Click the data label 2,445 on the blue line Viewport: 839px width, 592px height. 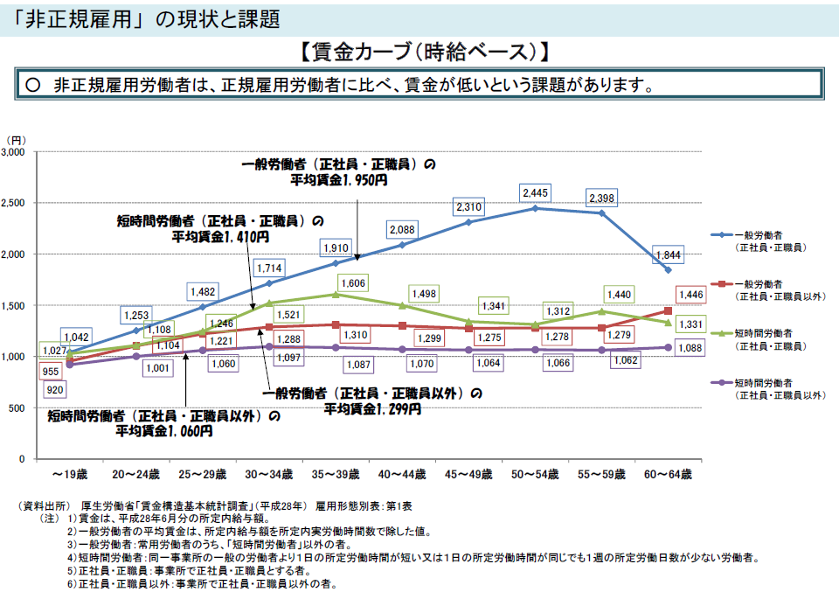coord(535,192)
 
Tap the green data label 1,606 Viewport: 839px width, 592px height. coord(353,283)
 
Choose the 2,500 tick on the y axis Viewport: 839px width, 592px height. coord(17,203)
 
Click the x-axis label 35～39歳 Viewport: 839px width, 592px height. coord(336,474)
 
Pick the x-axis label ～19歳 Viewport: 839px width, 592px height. coord(69,474)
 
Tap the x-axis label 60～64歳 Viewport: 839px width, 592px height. coord(669,474)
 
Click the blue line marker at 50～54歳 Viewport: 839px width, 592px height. coord(535,208)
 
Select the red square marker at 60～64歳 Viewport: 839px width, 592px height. coord(669,310)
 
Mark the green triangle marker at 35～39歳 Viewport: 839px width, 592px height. coord(336,295)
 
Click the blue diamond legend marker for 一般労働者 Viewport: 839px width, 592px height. coord(722,236)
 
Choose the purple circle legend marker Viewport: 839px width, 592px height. coord(722,383)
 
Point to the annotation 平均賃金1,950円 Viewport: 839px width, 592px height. coord(340,179)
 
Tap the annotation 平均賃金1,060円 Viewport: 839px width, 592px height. coord(163,431)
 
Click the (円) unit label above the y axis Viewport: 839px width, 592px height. coord(17,139)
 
